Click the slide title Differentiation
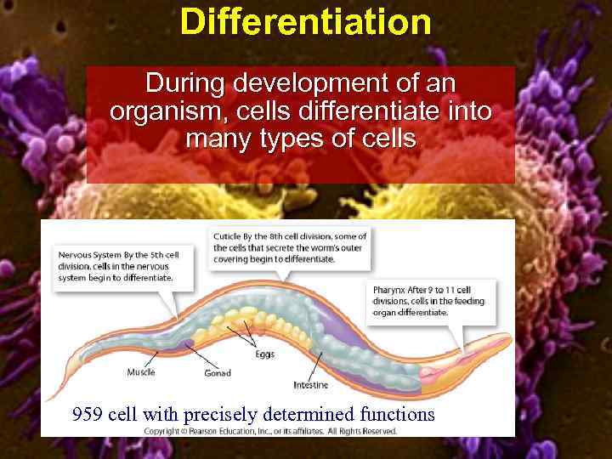tap(305, 22)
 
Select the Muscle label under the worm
tap(141, 371)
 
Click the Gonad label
tap(217, 373)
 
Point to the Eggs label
tap(264, 354)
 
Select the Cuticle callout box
tap(289, 247)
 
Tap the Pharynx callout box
tap(429, 301)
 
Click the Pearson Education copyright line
tap(270, 431)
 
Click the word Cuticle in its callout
tap(229, 236)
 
